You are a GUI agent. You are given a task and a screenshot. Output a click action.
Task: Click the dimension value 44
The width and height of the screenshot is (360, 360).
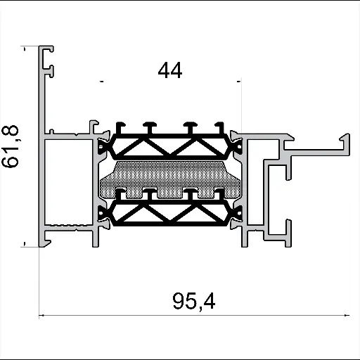coord(170,71)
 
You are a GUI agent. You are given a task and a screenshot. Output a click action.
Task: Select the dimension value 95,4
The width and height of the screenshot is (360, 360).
coord(193,302)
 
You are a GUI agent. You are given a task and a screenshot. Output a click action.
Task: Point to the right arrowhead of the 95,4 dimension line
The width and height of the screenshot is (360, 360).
coord(348,316)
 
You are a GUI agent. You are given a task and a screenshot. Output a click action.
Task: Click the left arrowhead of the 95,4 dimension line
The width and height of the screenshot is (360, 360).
coord(41,316)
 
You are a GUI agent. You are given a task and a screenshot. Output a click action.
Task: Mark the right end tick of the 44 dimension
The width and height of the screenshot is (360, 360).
coord(240,83)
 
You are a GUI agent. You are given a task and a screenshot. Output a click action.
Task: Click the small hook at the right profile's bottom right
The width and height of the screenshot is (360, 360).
coord(288,228)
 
